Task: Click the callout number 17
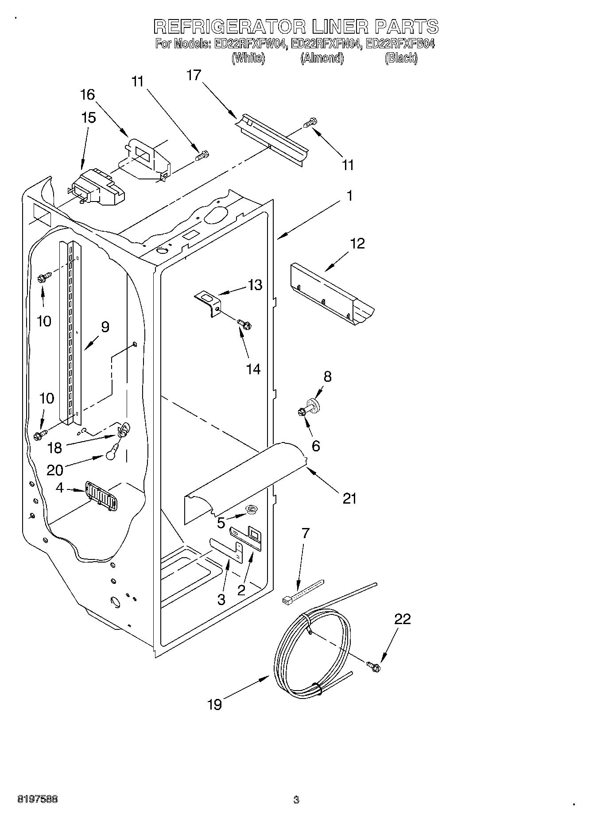tap(194, 75)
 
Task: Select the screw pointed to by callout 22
tap(373, 665)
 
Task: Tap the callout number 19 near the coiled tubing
tap(214, 704)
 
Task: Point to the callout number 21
tap(349, 498)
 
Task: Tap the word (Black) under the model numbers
tap(401, 58)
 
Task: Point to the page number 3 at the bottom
tap(296, 800)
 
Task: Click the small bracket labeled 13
tap(208, 302)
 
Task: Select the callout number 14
tap(253, 369)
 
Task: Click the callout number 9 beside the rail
tap(105, 327)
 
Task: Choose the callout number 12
tap(357, 243)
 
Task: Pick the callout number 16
tap(88, 94)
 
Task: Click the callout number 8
tap(327, 377)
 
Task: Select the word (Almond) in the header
tap(322, 58)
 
